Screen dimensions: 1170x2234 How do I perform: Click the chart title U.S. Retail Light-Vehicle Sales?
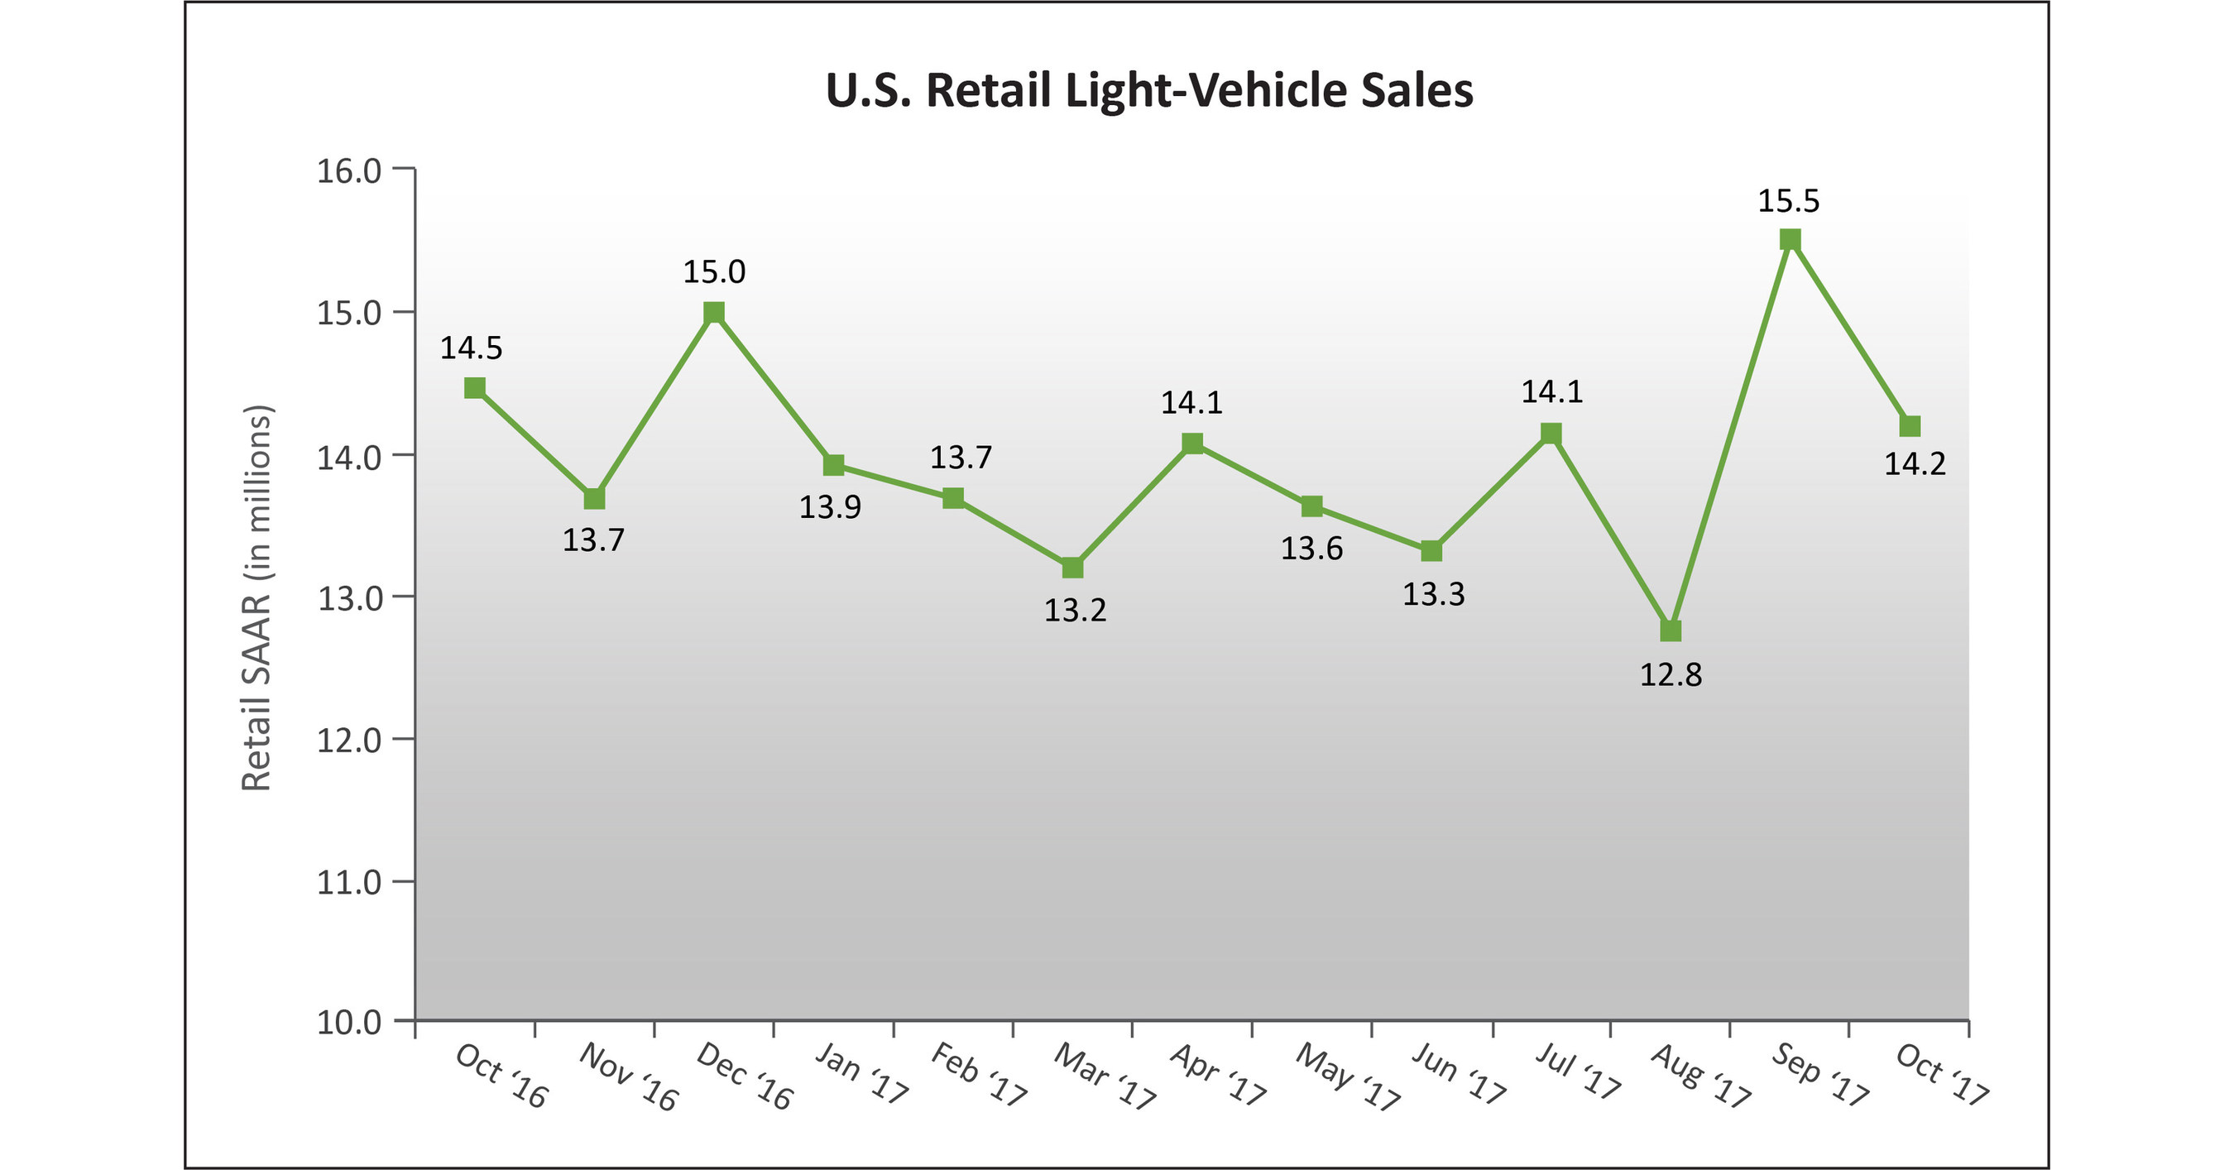[x=1148, y=90]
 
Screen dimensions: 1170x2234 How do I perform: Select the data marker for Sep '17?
[x=1790, y=239]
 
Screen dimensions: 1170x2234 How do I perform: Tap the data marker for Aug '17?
[x=1671, y=631]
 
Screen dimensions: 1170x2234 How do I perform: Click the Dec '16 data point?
[x=714, y=312]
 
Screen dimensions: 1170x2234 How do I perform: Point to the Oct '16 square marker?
[x=474, y=388]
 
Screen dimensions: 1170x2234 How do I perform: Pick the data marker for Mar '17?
[x=1071, y=568]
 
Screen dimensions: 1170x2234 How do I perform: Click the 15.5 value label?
[x=1788, y=201]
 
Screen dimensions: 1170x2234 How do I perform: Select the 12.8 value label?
[x=1671, y=674]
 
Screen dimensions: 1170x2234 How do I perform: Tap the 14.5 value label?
[x=471, y=348]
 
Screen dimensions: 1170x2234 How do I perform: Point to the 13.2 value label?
[x=1075, y=611]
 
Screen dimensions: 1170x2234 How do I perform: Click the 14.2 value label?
[x=1915, y=464]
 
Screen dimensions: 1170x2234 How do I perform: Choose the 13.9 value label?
[x=830, y=507]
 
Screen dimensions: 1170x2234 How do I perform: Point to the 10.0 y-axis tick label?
[x=348, y=1023]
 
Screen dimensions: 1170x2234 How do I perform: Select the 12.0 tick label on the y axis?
[x=348, y=741]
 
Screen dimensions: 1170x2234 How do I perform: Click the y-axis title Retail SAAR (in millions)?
[x=256, y=597]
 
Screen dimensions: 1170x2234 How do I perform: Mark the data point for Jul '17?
[x=1551, y=433]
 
